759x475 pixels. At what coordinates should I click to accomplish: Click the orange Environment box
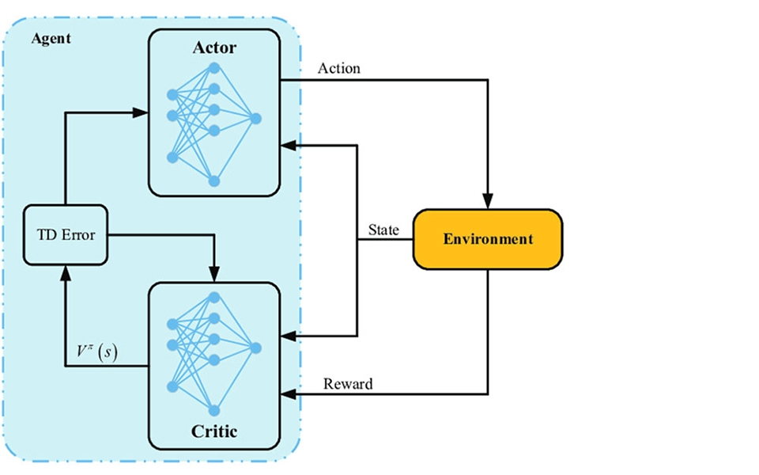click(x=488, y=238)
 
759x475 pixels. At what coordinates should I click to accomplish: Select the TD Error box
click(x=65, y=235)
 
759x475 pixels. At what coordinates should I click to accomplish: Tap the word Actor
click(x=214, y=48)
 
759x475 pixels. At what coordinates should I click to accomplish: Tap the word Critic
click(x=214, y=431)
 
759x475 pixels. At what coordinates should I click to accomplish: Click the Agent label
click(x=51, y=39)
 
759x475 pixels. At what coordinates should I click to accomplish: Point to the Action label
click(x=338, y=68)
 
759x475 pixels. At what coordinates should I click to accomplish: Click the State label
click(x=383, y=230)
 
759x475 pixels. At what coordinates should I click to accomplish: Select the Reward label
click(x=348, y=385)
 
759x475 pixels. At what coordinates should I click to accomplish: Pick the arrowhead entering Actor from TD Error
click(x=142, y=113)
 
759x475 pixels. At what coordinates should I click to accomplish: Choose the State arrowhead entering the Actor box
click(x=288, y=145)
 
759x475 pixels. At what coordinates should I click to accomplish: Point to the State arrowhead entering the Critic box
click(x=288, y=333)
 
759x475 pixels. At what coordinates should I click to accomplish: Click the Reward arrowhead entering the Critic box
click(x=288, y=393)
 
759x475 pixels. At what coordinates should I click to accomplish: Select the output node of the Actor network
click(x=255, y=119)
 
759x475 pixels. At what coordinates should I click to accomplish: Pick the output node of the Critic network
click(x=255, y=347)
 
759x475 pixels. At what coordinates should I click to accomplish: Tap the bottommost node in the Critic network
click(x=213, y=409)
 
